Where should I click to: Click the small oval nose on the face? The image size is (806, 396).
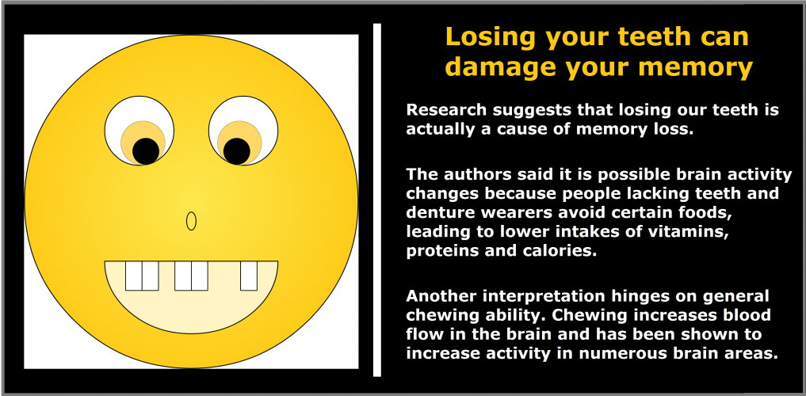(191, 221)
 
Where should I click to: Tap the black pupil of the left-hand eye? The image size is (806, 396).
(146, 151)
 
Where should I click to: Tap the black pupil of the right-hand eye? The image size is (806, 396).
(236, 151)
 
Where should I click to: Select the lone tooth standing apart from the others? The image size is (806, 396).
(249, 276)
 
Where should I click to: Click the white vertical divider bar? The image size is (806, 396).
(377, 200)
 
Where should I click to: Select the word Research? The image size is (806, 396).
(445, 109)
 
